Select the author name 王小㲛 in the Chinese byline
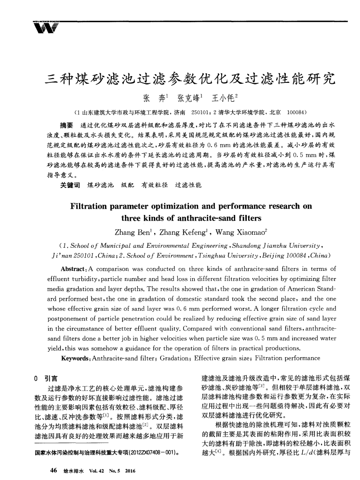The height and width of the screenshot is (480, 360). tap(222, 99)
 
